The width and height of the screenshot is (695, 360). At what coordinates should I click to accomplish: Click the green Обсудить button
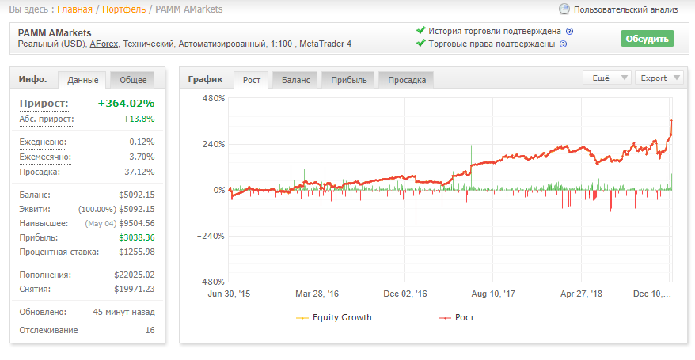[x=648, y=39]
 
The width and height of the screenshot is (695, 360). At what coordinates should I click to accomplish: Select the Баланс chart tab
[x=295, y=80]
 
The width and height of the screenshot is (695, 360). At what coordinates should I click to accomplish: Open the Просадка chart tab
[x=407, y=80]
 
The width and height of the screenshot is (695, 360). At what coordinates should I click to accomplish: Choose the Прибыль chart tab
[x=349, y=80]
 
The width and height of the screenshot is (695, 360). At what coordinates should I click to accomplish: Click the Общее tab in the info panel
[x=133, y=80]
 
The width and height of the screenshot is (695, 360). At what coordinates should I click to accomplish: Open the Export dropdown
[x=659, y=78]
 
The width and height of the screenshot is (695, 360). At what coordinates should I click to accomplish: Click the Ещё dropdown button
[x=607, y=78]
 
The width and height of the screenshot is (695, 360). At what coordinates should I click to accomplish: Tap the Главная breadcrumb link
[x=74, y=9]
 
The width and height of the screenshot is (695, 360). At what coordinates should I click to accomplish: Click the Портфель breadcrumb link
[x=123, y=9]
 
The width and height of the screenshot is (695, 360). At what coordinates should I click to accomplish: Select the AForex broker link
[x=104, y=44]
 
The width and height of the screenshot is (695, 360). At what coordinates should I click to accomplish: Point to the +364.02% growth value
[x=127, y=103]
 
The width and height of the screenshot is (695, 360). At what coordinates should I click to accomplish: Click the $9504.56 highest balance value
[x=136, y=223]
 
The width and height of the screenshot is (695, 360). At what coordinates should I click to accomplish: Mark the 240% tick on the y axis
[x=214, y=144]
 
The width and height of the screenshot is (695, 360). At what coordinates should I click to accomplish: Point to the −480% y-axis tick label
[x=211, y=282]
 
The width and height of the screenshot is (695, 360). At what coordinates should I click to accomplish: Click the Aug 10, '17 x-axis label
[x=493, y=294]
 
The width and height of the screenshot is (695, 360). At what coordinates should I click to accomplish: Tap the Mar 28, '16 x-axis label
[x=317, y=294]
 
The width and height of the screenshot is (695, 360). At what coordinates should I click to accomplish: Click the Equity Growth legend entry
[x=334, y=317]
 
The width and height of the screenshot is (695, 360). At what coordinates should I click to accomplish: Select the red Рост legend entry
[x=457, y=317]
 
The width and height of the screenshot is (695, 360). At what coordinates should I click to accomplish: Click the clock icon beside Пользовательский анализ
[x=564, y=9]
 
